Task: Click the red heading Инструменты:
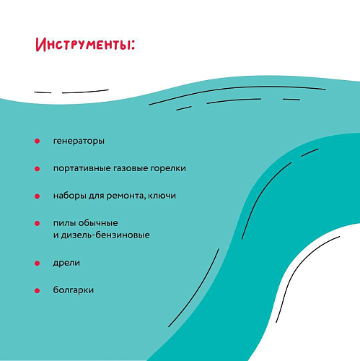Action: click(x=85, y=45)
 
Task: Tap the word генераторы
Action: click(x=79, y=141)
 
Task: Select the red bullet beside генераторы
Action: click(x=37, y=141)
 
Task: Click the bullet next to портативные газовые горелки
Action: click(x=37, y=169)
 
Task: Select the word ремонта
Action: click(x=126, y=196)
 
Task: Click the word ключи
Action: click(x=162, y=196)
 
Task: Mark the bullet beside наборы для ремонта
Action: click(x=37, y=196)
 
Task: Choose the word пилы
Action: click(x=64, y=223)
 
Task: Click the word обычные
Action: click(x=98, y=223)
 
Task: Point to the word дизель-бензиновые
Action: click(x=105, y=235)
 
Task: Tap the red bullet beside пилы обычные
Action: click(x=37, y=224)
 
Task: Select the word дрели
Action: click(x=66, y=263)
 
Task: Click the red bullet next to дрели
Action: click(x=37, y=264)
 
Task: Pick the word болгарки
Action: click(x=74, y=290)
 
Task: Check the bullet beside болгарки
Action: click(x=37, y=291)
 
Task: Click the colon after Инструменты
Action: click(x=133, y=45)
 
